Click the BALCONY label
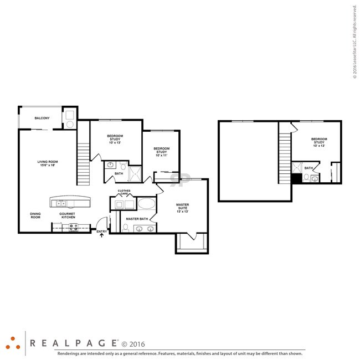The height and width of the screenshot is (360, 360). click(42, 118)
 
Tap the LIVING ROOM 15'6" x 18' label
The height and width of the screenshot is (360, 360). click(48, 163)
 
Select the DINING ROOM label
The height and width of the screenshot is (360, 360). click(35, 215)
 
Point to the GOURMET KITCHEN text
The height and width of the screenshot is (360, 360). click(68, 215)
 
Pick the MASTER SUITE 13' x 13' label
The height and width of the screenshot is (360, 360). click(183, 208)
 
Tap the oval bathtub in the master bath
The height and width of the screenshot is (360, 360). click(146, 204)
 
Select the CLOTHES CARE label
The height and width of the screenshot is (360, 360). click(124, 192)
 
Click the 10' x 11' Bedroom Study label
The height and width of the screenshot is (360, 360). click(161, 152)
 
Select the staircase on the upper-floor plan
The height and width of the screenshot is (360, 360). click(285, 155)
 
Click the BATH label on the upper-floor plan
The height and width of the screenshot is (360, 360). click(308, 168)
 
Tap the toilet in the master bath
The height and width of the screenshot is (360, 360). click(126, 227)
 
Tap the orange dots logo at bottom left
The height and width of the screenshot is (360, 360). click(13, 342)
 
